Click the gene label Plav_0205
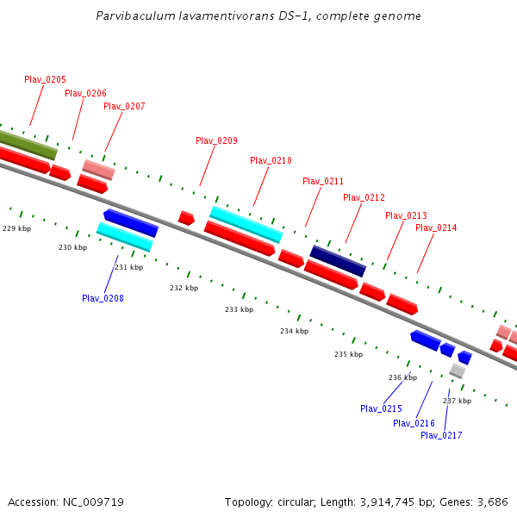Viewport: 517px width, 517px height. (x=45, y=79)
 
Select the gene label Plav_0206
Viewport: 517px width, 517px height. (x=85, y=93)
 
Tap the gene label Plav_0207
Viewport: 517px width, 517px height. (x=124, y=106)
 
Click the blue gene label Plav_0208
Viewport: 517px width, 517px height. (x=103, y=298)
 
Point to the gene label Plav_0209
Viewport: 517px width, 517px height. (x=216, y=140)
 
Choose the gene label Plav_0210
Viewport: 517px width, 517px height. (x=271, y=160)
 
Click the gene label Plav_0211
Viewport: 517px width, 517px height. (x=323, y=181)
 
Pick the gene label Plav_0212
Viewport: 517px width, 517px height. (x=364, y=197)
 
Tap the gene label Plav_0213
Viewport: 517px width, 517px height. (x=406, y=215)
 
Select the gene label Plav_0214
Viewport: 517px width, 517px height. (x=436, y=227)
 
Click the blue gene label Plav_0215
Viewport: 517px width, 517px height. (x=381, y=408)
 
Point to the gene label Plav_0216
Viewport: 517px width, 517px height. (x=414, y=423)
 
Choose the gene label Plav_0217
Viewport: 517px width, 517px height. (x=441, y=435)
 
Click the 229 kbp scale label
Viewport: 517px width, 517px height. (x=16, y=228)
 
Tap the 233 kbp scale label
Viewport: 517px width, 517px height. (x=239, y=309)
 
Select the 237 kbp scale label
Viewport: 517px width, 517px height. (x=457, y=401)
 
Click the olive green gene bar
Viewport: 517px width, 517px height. (x=26, y=144)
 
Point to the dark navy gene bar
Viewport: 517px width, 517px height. (x=338, y=261)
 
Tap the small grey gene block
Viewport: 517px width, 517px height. (x=457, y=371)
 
